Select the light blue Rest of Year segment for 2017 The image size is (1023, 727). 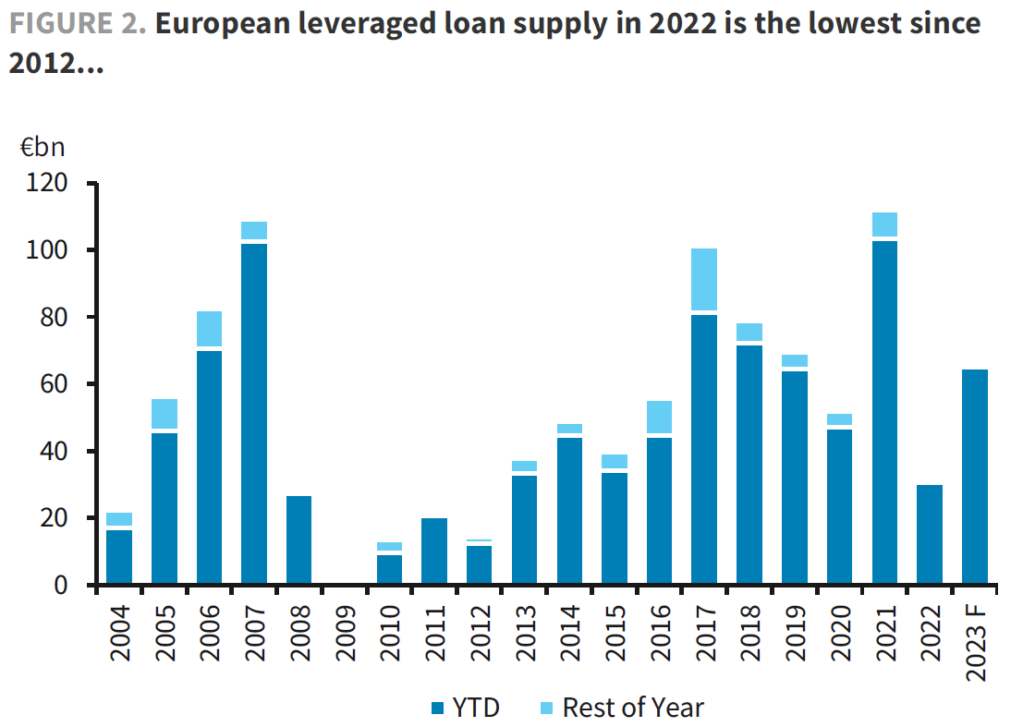click(x=705, y=279)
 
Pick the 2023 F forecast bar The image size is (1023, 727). click(x=975, y=477)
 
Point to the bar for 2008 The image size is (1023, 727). click(x=299, y=540)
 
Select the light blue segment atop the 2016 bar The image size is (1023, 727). click(x=660, y=417)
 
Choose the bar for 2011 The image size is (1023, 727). click(x=434, y=551)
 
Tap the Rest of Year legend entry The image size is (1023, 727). click(x=620, y=709)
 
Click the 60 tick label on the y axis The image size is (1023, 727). click(x=55, y=384)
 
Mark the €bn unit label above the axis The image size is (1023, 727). click(x=43, y=148)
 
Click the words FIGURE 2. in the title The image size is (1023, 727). click(x=78, y=23)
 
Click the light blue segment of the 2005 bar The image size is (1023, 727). click(x=164, y=414)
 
